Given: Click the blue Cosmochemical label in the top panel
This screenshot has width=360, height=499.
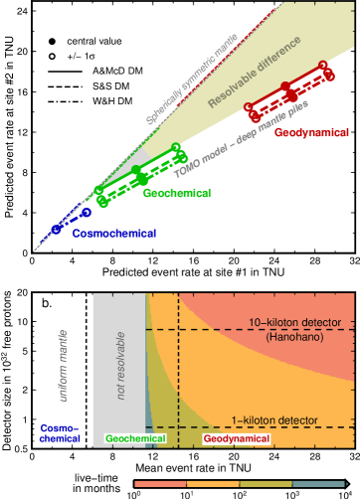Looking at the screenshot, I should coord(116,233).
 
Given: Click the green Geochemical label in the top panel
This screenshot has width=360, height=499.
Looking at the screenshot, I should coord(176,194).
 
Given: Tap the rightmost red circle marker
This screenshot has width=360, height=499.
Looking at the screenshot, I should coord(324,67).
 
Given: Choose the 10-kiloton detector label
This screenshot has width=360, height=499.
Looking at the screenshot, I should coord(294,324).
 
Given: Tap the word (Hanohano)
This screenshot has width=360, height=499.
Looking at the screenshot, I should coord(295,339).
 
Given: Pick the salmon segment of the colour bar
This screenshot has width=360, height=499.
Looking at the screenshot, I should coord(160,483).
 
